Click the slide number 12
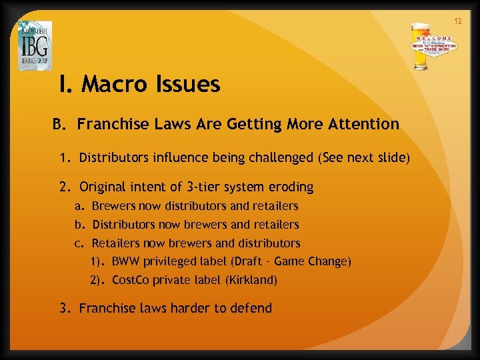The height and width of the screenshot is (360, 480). (458, 21)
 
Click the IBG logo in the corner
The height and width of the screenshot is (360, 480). (35, 45)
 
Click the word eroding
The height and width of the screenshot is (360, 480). (287, 187)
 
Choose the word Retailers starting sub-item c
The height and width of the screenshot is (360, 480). (114, 243)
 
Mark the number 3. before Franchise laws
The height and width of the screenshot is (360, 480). (65, 309)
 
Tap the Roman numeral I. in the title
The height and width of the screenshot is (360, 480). (65, 84)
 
